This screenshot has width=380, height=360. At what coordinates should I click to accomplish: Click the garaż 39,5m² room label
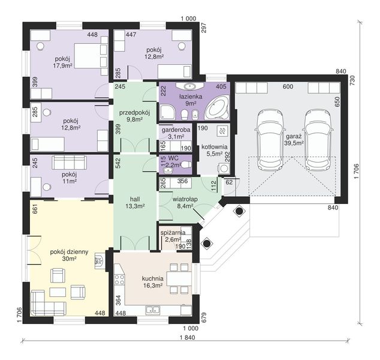tap(294, 140)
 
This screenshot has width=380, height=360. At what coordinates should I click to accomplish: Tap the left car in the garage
tap(270, 140)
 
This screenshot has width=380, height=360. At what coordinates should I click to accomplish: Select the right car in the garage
tap(317, 140)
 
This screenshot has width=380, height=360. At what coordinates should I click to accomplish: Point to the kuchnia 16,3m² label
tap(152, 282)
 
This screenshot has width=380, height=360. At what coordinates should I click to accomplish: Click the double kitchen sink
tap(152, 310)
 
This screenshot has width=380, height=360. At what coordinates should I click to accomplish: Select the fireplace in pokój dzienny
tap(100, 261)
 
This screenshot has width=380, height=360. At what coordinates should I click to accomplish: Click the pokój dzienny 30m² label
tap(69, 255)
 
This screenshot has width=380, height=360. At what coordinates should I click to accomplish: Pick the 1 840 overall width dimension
tap(188, 337)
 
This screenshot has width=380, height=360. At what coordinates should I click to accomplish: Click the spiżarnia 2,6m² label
tap(173, 236)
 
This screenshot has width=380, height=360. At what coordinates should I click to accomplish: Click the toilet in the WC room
tap(186, 165)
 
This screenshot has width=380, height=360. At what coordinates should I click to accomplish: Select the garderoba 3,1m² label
tap(176, 133)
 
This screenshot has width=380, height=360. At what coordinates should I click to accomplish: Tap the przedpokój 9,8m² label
tap(135, 116)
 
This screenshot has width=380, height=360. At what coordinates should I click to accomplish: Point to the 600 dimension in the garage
tap(288, 86)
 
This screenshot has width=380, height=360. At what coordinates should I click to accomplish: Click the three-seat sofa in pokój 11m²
tap(69, 163)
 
